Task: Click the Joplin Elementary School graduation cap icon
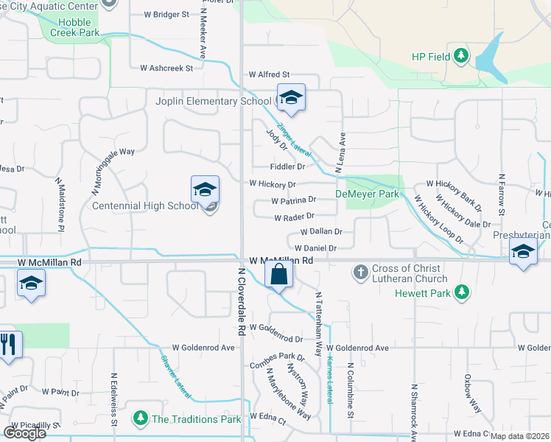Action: point(291,98)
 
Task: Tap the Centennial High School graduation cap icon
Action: point(205,190)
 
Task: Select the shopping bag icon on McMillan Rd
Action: point(279,276)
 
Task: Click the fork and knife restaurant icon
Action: point(8,345)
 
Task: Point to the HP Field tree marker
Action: point(461,56)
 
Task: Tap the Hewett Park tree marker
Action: point(462,292)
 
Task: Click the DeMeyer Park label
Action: point(367,194)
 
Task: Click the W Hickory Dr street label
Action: point(272,184)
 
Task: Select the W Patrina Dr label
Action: point(293,200)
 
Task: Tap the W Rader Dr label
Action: point(294,217)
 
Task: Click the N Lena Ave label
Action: point(340,153)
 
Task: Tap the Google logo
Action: point(24,433)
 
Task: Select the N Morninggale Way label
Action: point(113,171)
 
